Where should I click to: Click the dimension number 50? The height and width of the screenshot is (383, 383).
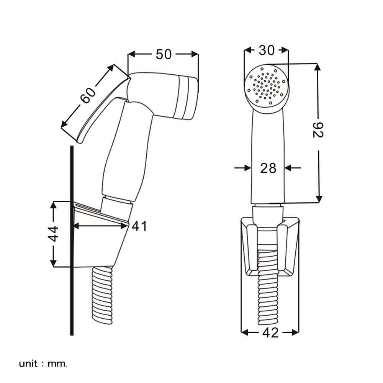[164, 54]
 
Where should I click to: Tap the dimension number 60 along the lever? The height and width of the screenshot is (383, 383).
[88, 95]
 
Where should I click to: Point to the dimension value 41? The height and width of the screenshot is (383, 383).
[139, 226]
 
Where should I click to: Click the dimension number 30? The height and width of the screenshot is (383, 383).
[267, 50]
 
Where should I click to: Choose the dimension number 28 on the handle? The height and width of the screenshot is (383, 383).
[268, 168]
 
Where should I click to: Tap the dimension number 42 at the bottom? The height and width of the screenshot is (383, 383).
[271, 332]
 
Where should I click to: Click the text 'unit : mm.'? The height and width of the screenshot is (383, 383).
[43, 364]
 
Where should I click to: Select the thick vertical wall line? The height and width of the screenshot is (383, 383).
[72, 241]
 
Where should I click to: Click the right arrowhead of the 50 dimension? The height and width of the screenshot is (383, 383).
[195, 54]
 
